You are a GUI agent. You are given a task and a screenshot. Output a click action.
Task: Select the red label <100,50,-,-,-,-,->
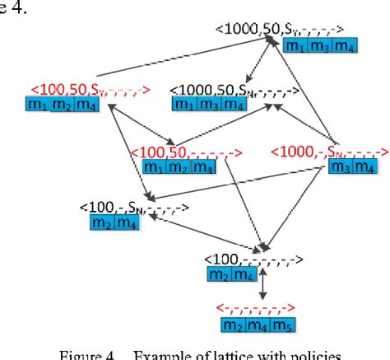(186, 153)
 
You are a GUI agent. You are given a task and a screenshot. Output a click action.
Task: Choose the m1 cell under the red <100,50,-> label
(154, 167)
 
